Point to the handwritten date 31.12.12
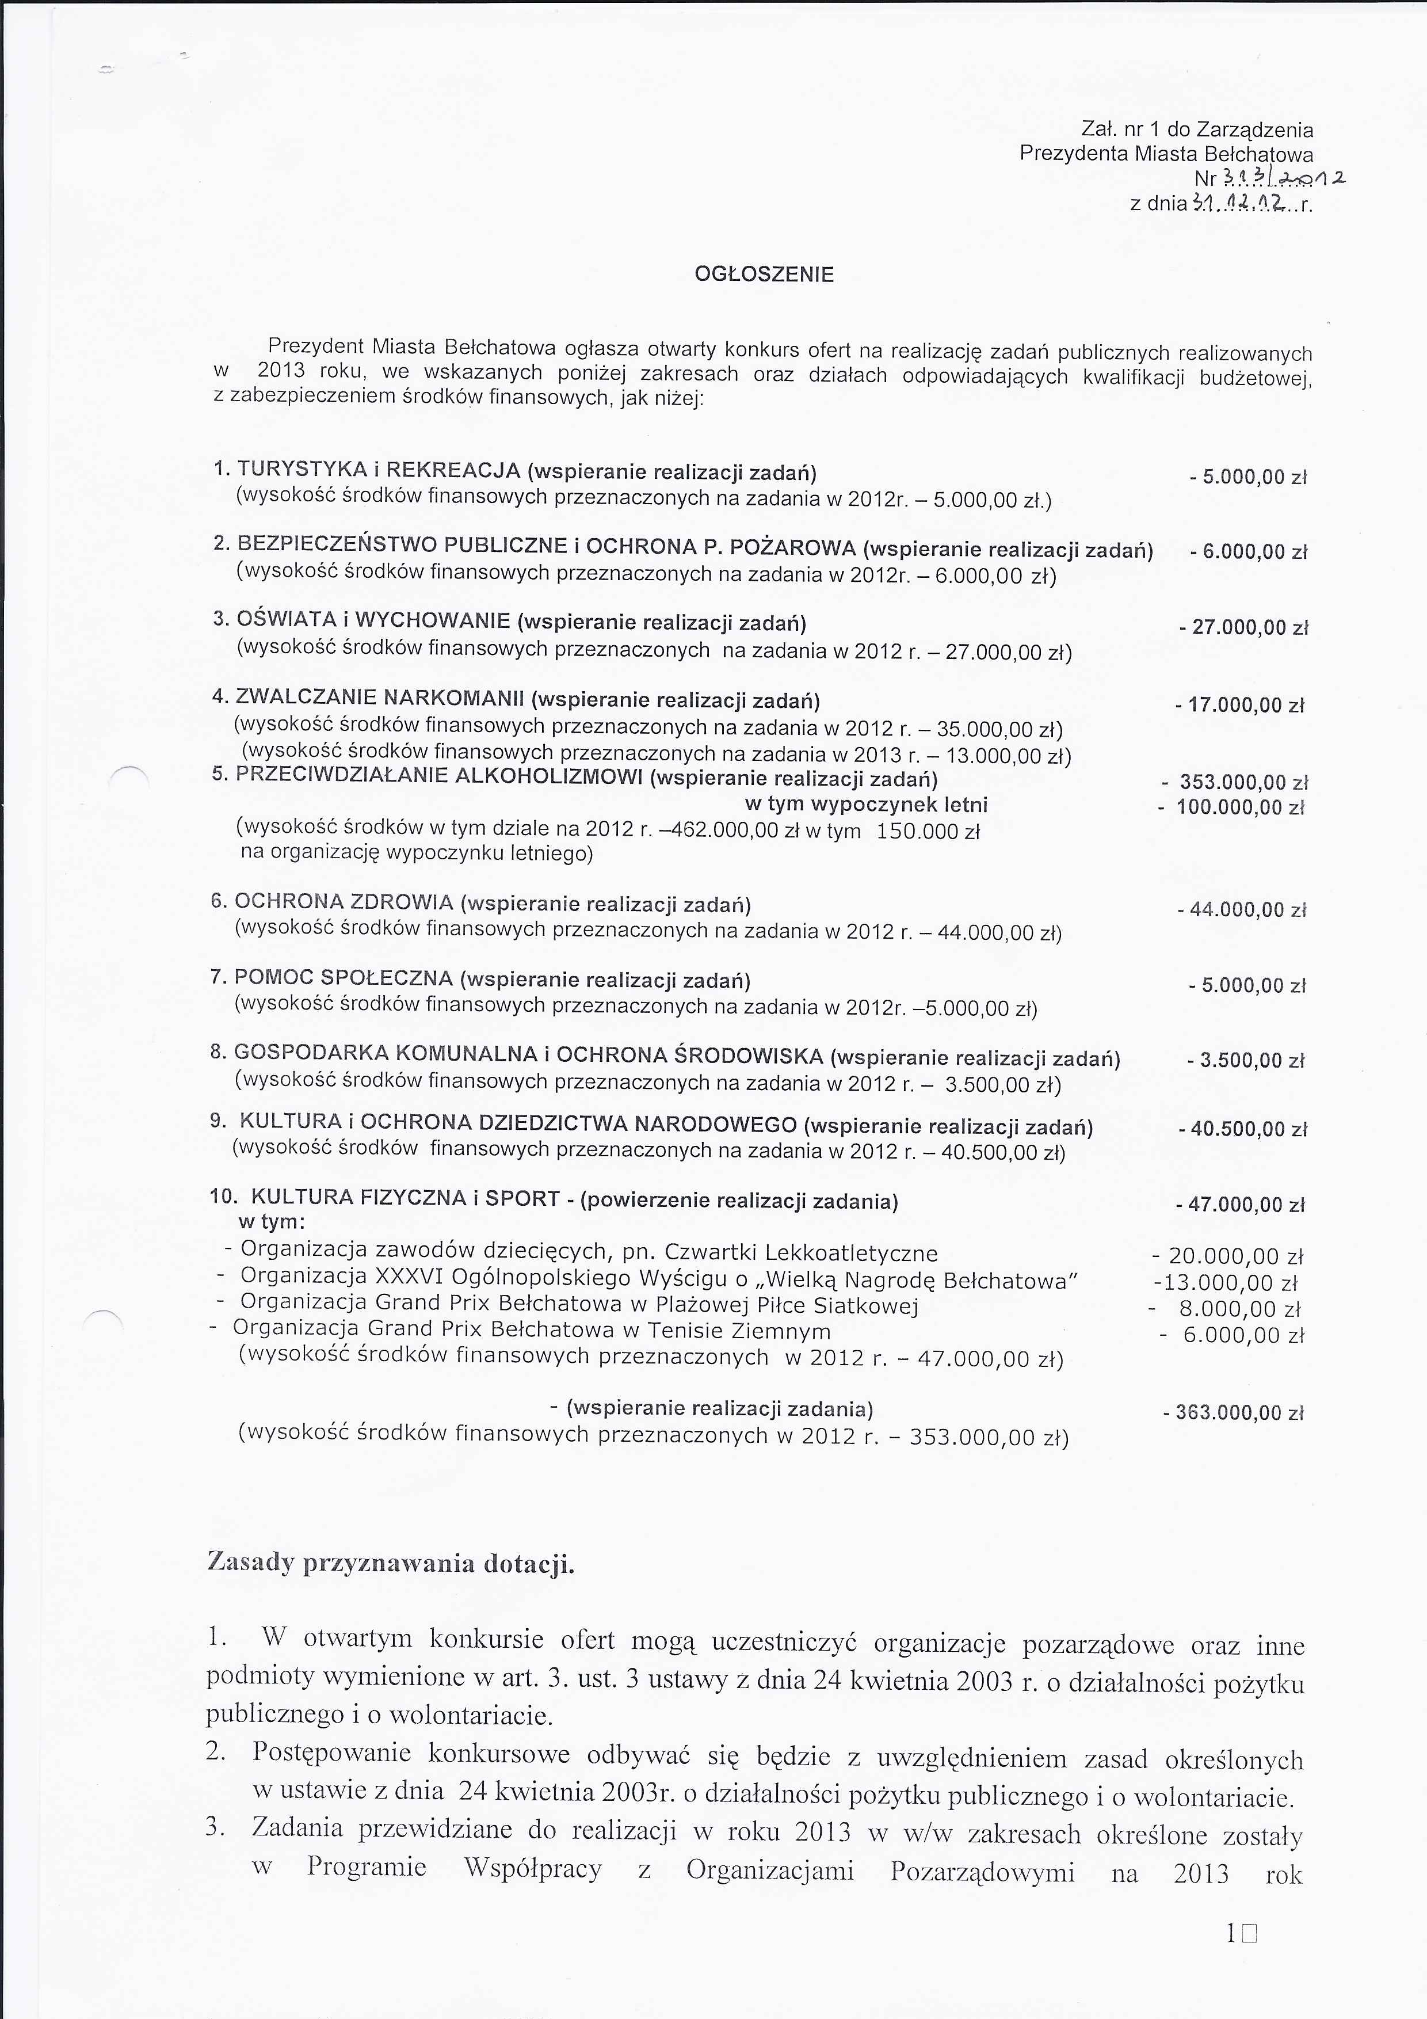pos(1242,205)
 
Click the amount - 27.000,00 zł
pos(1244,628)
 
